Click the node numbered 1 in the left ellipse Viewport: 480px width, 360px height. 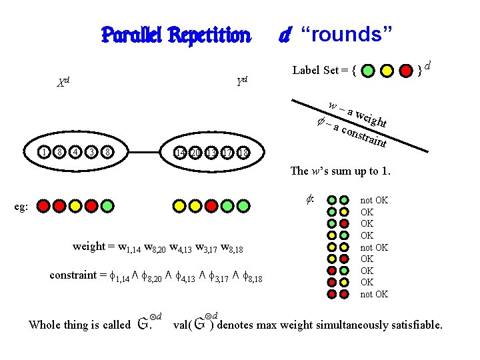(43, 152)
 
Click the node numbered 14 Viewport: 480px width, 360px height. (179, 152)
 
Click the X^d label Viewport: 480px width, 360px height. (63, 84)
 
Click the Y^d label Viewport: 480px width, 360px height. (241, 81)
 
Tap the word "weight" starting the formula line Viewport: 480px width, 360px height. (89, 247)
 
